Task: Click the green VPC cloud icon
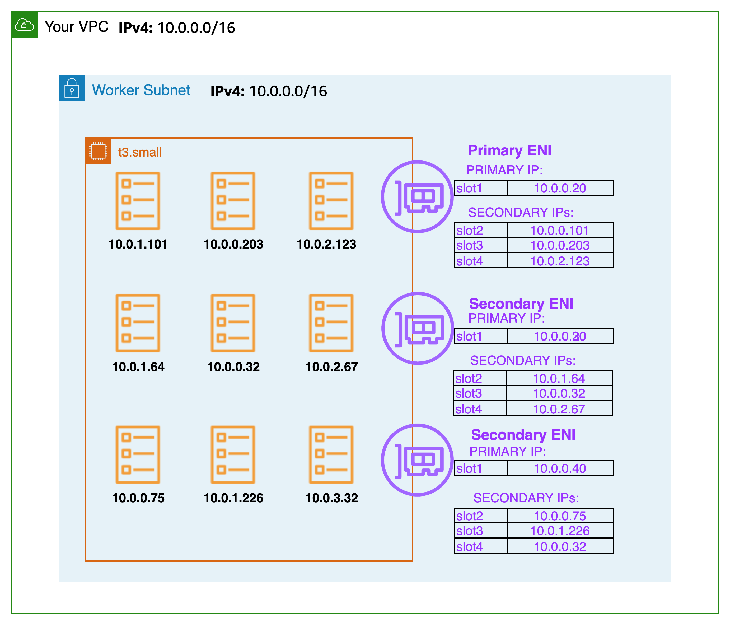coord(24,25)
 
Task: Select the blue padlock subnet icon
coord(72,88)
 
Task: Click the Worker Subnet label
coord(141,90)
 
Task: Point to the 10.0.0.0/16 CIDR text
coord(288,91)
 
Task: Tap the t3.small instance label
coord(140,152)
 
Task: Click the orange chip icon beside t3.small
coord(98,151)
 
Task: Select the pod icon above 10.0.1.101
coord(138,201)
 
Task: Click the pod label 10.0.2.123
coord(326,244)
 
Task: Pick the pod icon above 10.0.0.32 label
coord(233,323)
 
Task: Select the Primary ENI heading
coord(509,151)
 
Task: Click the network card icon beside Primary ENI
coord(417,197)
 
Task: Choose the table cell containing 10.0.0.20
coord(560,188)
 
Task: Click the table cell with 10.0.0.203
coord(560,245)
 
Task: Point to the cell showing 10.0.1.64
coord(559,378)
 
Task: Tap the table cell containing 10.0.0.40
coord(560,468)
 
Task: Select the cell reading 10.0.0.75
coord(560,516)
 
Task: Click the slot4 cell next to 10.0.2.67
coord(480,409)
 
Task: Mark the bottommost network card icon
coord(417,460)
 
